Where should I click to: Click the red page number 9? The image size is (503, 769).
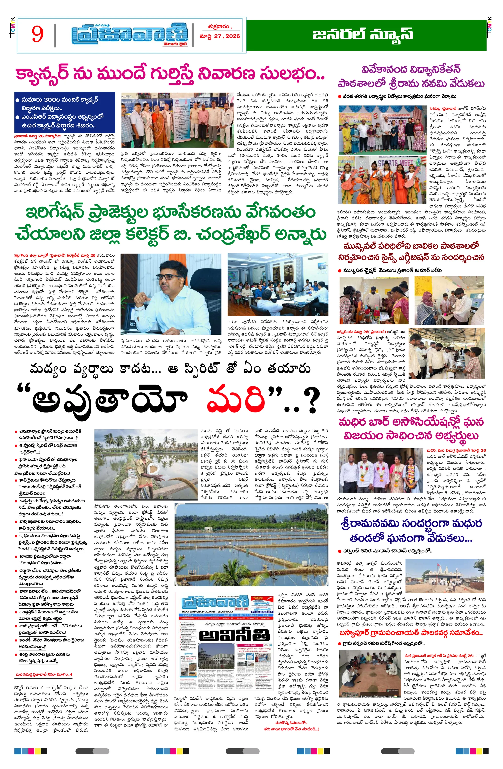37,34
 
